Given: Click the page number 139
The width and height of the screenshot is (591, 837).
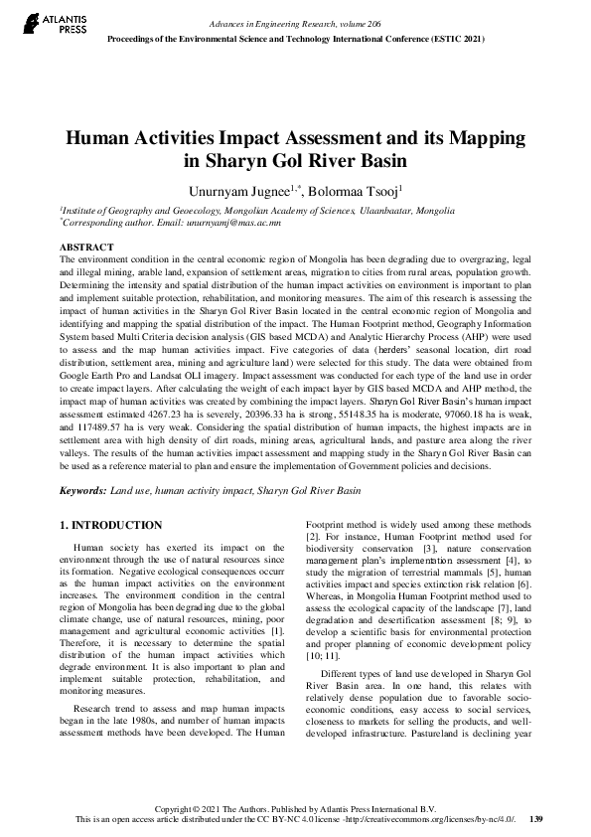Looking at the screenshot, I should click(536, 819).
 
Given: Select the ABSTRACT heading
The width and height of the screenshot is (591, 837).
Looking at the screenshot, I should click(86, 247).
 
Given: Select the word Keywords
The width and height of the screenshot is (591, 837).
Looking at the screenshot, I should click(82, 491).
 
